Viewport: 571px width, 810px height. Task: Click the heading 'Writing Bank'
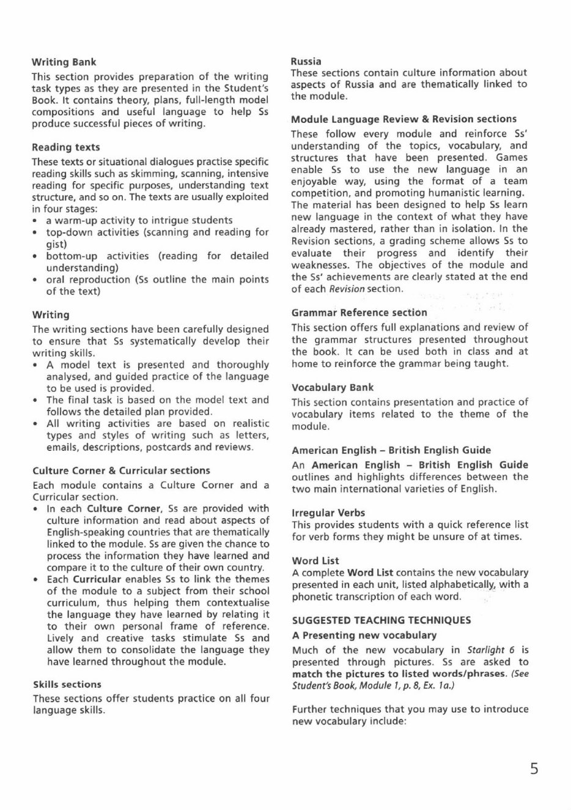[64, 62]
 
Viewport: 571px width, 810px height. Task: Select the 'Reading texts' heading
[65, 147]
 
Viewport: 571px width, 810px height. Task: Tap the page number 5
[534, 768]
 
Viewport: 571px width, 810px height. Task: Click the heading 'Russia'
[306, 61]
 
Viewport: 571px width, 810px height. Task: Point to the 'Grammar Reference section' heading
[359, 313]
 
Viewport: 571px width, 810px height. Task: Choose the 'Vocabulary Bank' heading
[332, 388]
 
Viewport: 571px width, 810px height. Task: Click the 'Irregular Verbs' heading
[328, 513]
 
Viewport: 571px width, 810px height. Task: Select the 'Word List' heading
[315, 560]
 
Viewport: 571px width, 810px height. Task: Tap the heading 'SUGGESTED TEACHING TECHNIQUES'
[381, 620]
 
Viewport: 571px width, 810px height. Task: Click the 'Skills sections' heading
[67, 685]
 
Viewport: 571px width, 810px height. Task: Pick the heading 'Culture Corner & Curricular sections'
[121, 470]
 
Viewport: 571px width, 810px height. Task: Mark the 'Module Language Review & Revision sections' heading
[403, 119]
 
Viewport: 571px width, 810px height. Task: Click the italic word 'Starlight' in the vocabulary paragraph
[485, 650]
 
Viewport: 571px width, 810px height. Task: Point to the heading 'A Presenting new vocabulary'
[364, 636]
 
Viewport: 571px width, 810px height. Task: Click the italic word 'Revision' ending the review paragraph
[347, 289]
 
